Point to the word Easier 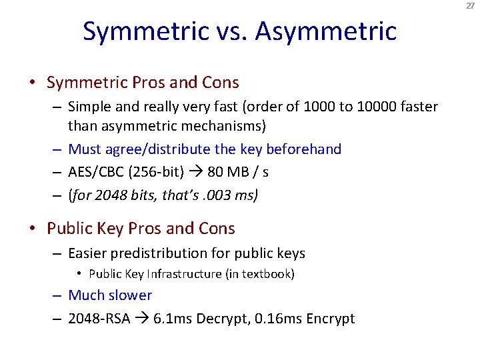pos(91,253)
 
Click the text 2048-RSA pos(99,319)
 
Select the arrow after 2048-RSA pos(142,319)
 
